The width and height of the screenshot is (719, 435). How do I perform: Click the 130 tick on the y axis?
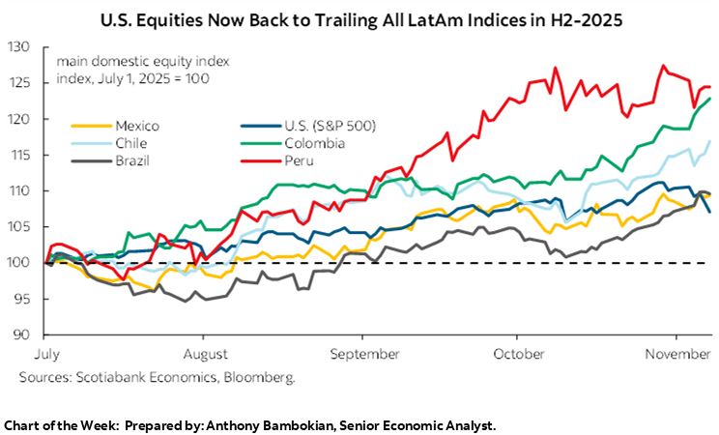click(x=20, y=47)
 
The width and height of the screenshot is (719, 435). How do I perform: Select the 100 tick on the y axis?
click(x=20, y=263)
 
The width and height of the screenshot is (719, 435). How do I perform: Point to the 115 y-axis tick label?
click(x=20, y=155)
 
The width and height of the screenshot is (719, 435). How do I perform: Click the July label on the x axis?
click(x=48, y=356)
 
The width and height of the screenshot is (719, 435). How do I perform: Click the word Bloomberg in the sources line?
click(x=262, y=377)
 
